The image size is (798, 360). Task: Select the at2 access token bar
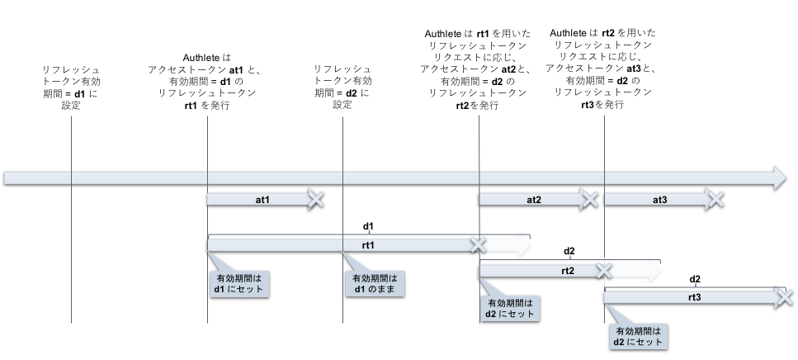pos(533,199)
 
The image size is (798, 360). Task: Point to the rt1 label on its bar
pos(368,245)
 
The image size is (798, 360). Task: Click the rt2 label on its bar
pos(568,270)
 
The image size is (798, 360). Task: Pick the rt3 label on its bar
pos(694,297)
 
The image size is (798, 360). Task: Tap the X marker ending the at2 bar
pos(588,199)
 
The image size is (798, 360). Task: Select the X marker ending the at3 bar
pos(715,199)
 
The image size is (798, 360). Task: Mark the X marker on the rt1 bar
pos(477,245)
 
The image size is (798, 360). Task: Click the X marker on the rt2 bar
pos(604,270)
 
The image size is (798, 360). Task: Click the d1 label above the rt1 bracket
pos(369,225)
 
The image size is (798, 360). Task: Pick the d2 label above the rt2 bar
pos(569,251)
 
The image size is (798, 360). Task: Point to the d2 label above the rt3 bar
pos(695,278)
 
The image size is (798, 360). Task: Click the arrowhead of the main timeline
pos(780,176)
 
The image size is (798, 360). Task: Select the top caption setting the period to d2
pos(342,88)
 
